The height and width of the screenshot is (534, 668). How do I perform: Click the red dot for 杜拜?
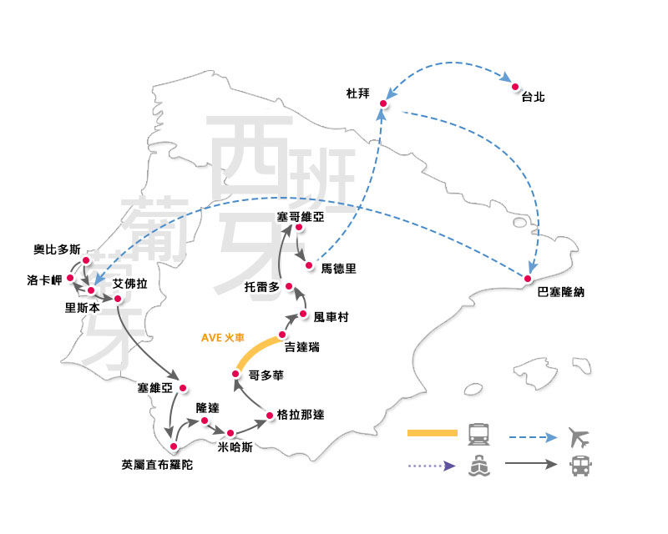click(x=383, y=103)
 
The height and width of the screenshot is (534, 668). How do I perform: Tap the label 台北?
click(x=533, y=98)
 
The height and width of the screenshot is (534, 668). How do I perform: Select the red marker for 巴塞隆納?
click(x=528, y=278)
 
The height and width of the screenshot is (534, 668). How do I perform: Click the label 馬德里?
click(x=339, y=269)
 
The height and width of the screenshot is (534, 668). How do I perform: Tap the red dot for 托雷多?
click(x=289, y=287)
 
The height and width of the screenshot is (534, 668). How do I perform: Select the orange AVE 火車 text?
click(x=223, y=338)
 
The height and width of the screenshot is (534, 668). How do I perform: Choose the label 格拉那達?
click(x=299, y=416)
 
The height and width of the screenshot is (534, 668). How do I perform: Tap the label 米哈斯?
click(x=234, y=446)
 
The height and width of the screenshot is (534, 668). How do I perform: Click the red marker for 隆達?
click(x=205, y=421)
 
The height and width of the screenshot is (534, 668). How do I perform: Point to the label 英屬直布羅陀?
click(x=157, y=465)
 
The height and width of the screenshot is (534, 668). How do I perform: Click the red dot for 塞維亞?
click(x=183, y=388)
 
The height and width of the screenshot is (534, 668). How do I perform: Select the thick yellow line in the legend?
click(x=433, y=433)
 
